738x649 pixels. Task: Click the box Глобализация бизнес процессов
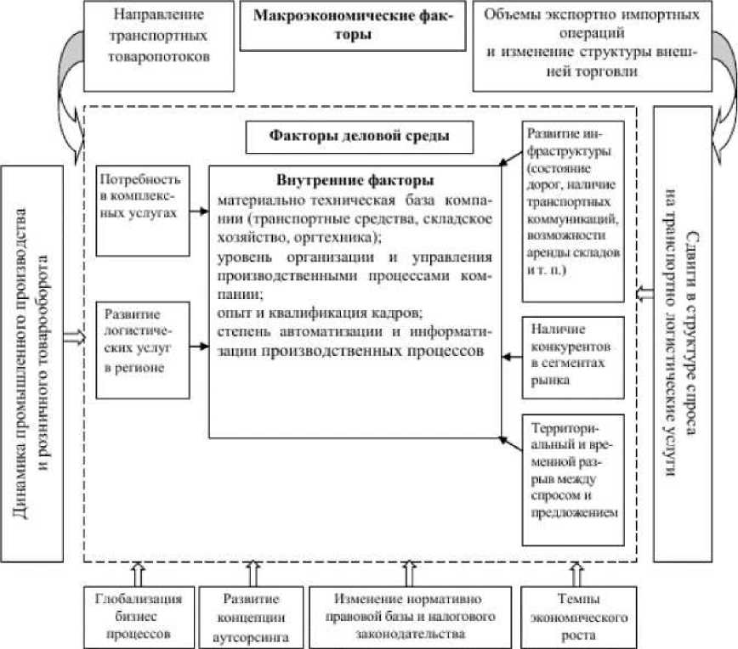pos(135,615)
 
